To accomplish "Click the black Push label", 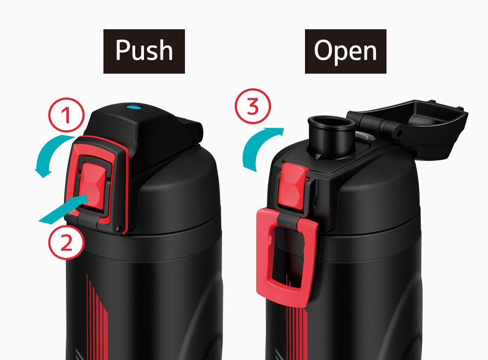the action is click(x=144, y=51).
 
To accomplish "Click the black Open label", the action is click(x=346, y=51).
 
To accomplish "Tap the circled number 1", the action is click(x=66, y=115).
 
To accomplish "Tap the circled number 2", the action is click(x=66, y=242).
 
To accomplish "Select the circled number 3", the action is click(x=253, y=106).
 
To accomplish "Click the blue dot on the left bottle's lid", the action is click(x=134, y=108).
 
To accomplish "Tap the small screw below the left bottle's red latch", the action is click(x=118, y=229).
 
